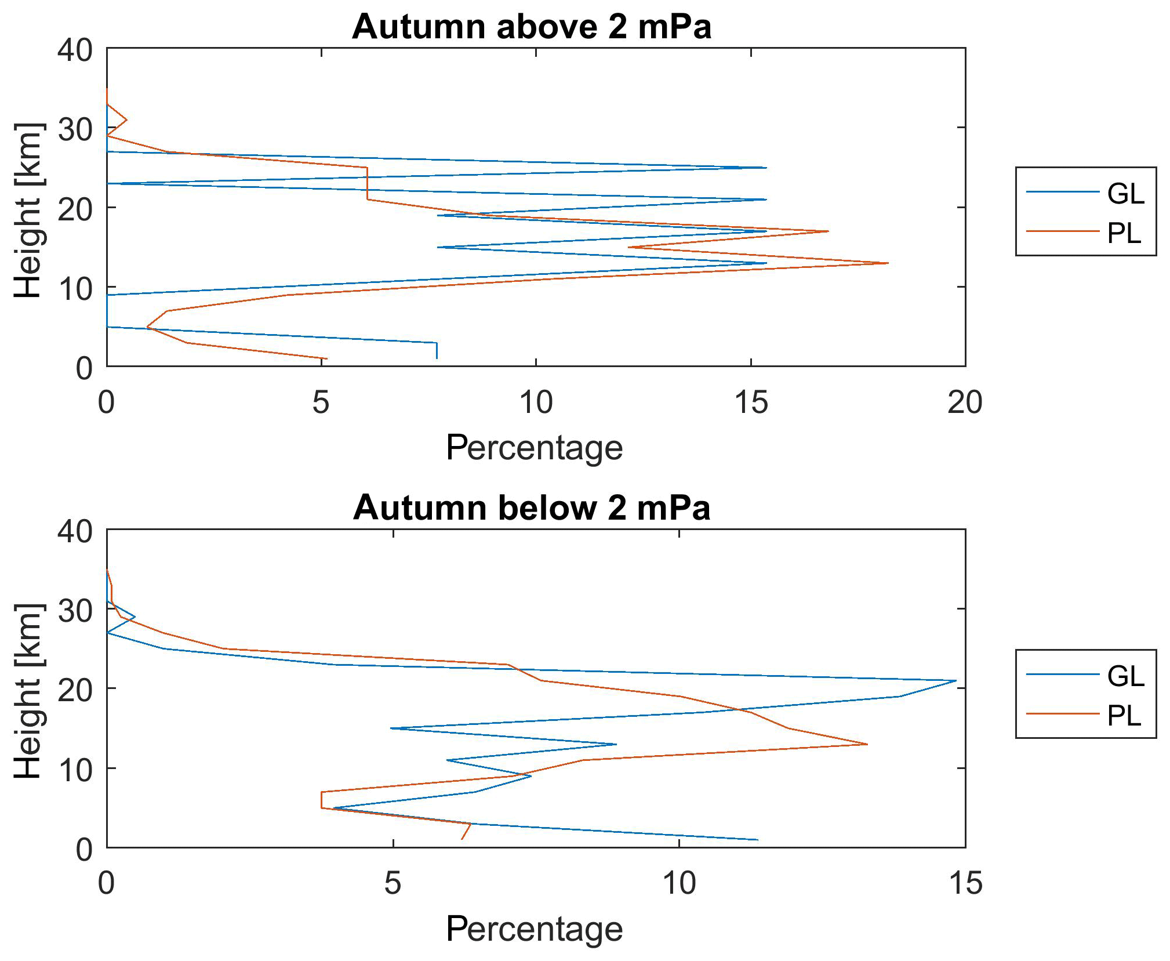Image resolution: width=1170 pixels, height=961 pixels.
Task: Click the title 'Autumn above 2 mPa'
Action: coord(531,27)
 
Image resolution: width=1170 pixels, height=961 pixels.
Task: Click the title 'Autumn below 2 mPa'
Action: coord(531,508)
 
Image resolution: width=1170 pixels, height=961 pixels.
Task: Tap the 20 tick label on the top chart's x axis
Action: coord(965,402)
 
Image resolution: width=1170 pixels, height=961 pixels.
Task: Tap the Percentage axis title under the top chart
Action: coord(534,448)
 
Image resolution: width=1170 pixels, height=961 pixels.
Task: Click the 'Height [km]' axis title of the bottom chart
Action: coord(28,691)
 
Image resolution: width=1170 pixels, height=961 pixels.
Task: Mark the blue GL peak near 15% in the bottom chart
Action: coord(955,680)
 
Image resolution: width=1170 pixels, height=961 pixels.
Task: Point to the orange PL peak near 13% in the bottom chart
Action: coord(867,744)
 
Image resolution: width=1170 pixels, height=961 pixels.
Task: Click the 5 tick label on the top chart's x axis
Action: coord(321,402)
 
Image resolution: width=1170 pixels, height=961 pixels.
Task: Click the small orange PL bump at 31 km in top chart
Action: coord(126,120)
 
